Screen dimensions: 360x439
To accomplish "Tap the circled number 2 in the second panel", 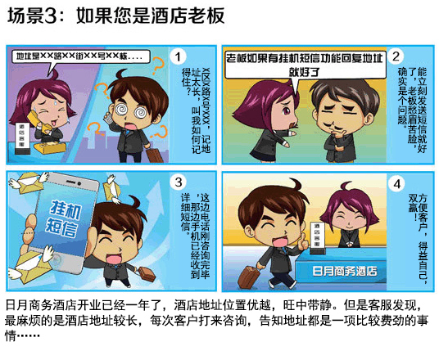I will tap(396, 56).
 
